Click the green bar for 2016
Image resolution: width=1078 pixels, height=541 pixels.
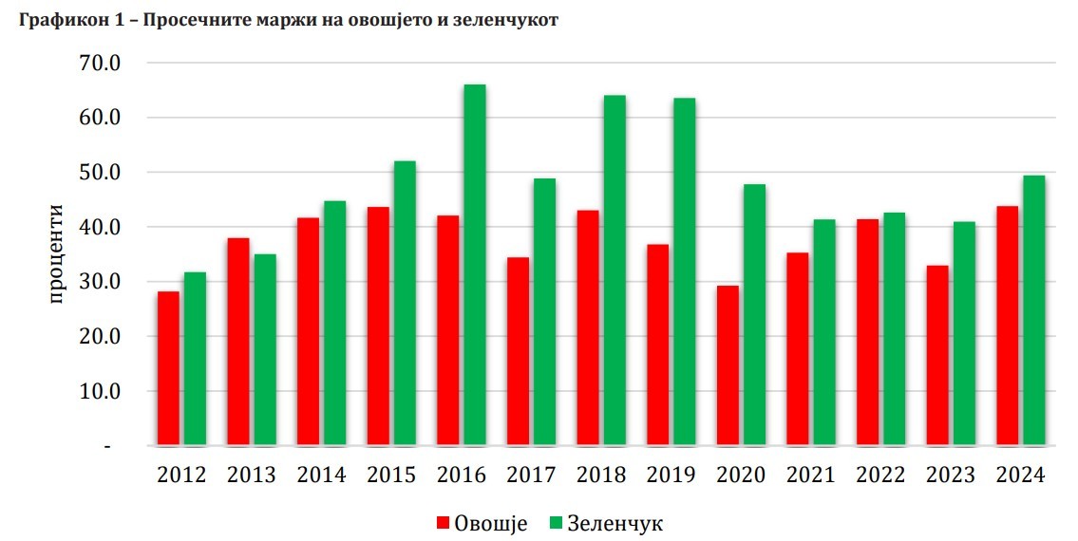(474, 265)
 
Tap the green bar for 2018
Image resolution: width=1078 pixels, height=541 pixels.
(614, 270)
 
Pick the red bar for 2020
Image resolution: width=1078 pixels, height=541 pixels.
(727, 365)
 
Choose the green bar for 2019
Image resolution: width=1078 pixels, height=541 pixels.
(684, 271)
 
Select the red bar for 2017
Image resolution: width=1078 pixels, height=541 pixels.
(518, 351)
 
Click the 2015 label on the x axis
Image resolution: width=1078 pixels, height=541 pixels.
(391, 476)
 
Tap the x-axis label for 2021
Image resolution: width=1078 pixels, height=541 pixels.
(810, 476)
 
